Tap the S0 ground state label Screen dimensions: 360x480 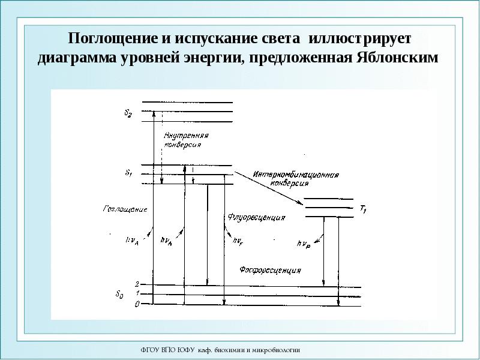tap(119, 294)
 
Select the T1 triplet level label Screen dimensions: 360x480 tap(363, 209)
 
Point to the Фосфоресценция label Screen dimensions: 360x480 tap(270, 270)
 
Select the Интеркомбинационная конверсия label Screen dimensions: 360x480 tap(296, 179)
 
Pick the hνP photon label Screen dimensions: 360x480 tap(304, 244)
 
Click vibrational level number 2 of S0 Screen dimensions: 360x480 tap(137, 284)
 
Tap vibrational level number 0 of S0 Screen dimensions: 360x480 tap(137, 305)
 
